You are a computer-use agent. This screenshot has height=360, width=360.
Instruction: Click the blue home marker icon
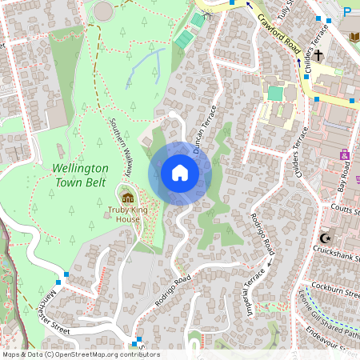pyautogui.click(x=180, y=173)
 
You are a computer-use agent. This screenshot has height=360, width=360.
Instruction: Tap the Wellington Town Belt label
pyautogui.click(x=80, y=175)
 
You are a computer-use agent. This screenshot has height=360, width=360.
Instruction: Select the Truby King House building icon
pyautogui.click(x=127, y=198)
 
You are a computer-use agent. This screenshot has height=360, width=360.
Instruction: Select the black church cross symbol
pyautogui.click(x=318, y=55)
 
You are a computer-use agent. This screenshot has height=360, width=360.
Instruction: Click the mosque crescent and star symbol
pyautogui.click(x=325, y=238)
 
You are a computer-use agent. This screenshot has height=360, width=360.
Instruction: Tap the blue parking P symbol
pyautogui.click(x=347, y=11)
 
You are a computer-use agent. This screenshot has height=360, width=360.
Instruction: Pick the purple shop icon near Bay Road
pyautogui.click(x=345, y=154)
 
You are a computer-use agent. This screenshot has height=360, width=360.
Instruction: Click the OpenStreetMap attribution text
pyautogui.click(x=80, y=354)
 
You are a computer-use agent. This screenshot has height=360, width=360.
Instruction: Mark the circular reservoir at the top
pyautogui.click(x=104, y=11)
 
